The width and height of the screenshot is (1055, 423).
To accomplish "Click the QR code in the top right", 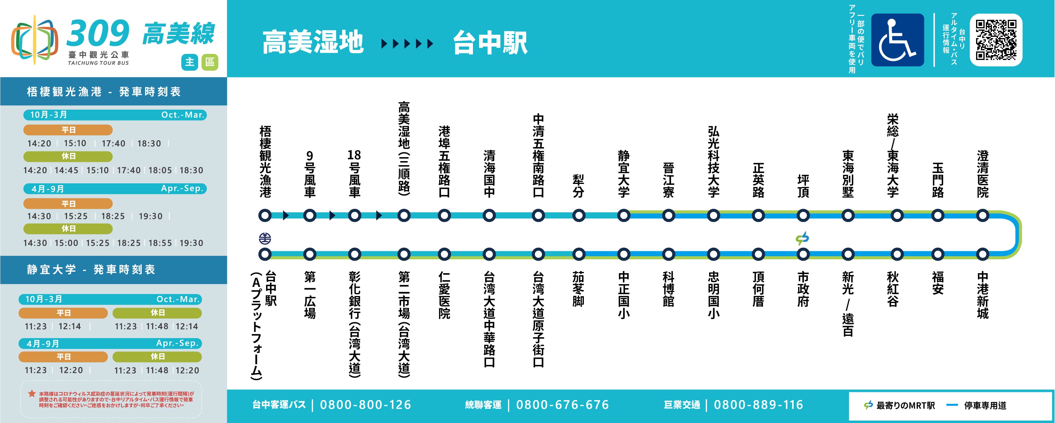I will pos(996,40).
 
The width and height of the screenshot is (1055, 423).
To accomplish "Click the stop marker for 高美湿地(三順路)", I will pos(404,215).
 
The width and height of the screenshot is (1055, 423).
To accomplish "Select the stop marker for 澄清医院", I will pos(982,215).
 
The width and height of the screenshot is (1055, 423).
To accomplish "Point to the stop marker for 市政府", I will pos(803,254).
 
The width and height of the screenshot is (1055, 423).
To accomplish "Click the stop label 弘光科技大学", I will pos(713,162).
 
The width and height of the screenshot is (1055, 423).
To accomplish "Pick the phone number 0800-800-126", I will pos(365,405).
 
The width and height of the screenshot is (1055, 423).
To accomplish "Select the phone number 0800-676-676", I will pos(562,405).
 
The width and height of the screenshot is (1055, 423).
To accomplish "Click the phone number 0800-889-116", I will pos(758,405).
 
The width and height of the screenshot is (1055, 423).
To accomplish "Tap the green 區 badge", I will pos(210,62).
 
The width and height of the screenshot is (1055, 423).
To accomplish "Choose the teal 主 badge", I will pos(190,62).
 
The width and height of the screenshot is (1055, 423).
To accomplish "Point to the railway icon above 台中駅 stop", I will pos(265,238).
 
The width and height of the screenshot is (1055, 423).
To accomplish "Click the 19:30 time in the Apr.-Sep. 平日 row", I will pos(150,216).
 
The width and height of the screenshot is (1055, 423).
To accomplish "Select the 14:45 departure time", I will pos(66,170).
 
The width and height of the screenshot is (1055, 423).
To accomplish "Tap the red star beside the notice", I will pos(31,393).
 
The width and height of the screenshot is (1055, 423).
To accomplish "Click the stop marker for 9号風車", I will pos(310,215).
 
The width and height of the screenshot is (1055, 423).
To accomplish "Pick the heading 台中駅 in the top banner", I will pos(490,43).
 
